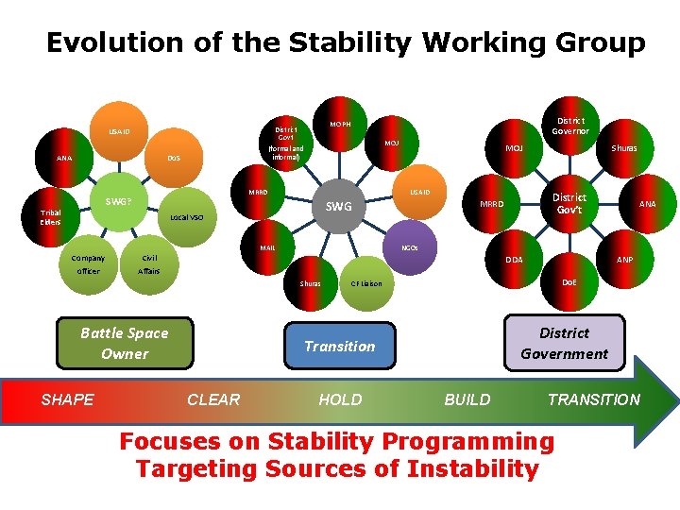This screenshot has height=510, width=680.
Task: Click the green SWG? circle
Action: [119, 201]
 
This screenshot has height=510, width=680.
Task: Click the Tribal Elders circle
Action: [51, 218]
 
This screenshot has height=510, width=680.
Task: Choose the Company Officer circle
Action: [88, 264]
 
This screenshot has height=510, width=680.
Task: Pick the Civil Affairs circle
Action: [149, 264]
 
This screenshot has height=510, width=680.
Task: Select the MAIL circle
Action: [268, 248]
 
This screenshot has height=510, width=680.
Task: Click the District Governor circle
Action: [570, 127]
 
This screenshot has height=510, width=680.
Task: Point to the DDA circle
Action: [513, 260]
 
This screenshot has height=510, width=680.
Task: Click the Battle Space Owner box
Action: [125, 343]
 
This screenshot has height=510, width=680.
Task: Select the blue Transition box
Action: [340, 346]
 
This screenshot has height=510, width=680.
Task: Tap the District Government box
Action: [565, 343]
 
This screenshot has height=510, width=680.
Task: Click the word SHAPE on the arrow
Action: [68, 399]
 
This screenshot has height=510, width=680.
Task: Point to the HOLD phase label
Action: [340, 399]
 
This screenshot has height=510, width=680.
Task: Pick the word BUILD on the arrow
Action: [467, 399]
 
